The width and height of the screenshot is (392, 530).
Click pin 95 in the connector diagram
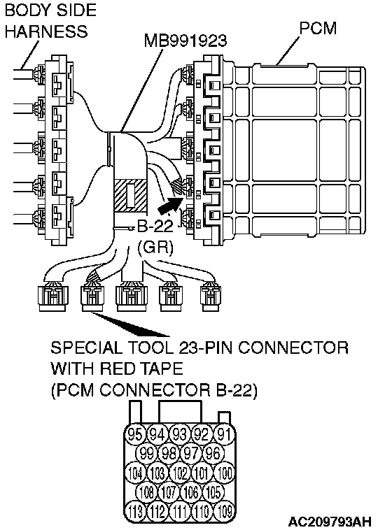pyautogui.click(x=135, y=434)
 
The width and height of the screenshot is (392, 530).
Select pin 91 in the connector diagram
pyautogui.click(x=224, y=434)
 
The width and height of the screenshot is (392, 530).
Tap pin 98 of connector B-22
pyautogui.click(x=169, y=453)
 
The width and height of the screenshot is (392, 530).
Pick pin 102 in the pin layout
pyautogui.click(x=180, y=473)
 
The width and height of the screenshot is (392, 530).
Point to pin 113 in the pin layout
pyautogui.click(x=135, y=511)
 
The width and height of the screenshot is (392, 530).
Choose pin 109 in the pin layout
pyautogui.click(x=224, y=511)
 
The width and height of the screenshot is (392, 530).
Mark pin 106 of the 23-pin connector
pyautogui.click(x=191, y=492)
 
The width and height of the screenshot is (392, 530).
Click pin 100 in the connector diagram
pyautogui.click(x=224, y=473)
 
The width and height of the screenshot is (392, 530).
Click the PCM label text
pyautogui.click(x=318, y=28)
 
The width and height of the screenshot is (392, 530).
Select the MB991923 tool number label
pyautogui.click(x=185, y=41)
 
